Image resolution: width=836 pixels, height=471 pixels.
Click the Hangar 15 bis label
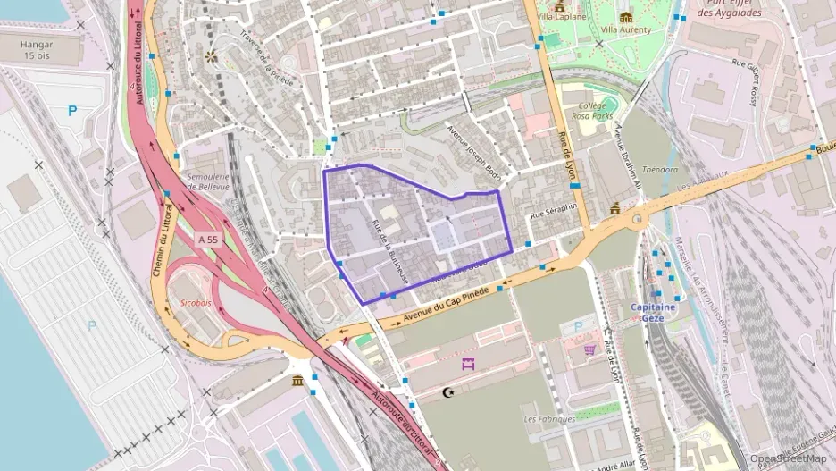coord(37,50)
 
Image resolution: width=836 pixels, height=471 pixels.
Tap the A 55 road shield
coord(208,240)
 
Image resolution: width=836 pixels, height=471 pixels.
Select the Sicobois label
coord(196,303)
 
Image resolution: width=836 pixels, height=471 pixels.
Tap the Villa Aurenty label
coord(625,29)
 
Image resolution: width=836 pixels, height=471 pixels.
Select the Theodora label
coord(660,170)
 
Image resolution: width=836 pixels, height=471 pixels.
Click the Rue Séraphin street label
coord(554,211)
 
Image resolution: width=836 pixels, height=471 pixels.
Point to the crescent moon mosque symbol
coord(448,392)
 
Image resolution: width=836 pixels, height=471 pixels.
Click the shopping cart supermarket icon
coord(589,349)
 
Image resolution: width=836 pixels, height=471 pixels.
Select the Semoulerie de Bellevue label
coord(210,181)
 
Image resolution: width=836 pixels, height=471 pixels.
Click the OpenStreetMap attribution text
coord(788,458)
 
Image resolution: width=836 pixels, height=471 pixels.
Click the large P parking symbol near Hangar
coord(73,112)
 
